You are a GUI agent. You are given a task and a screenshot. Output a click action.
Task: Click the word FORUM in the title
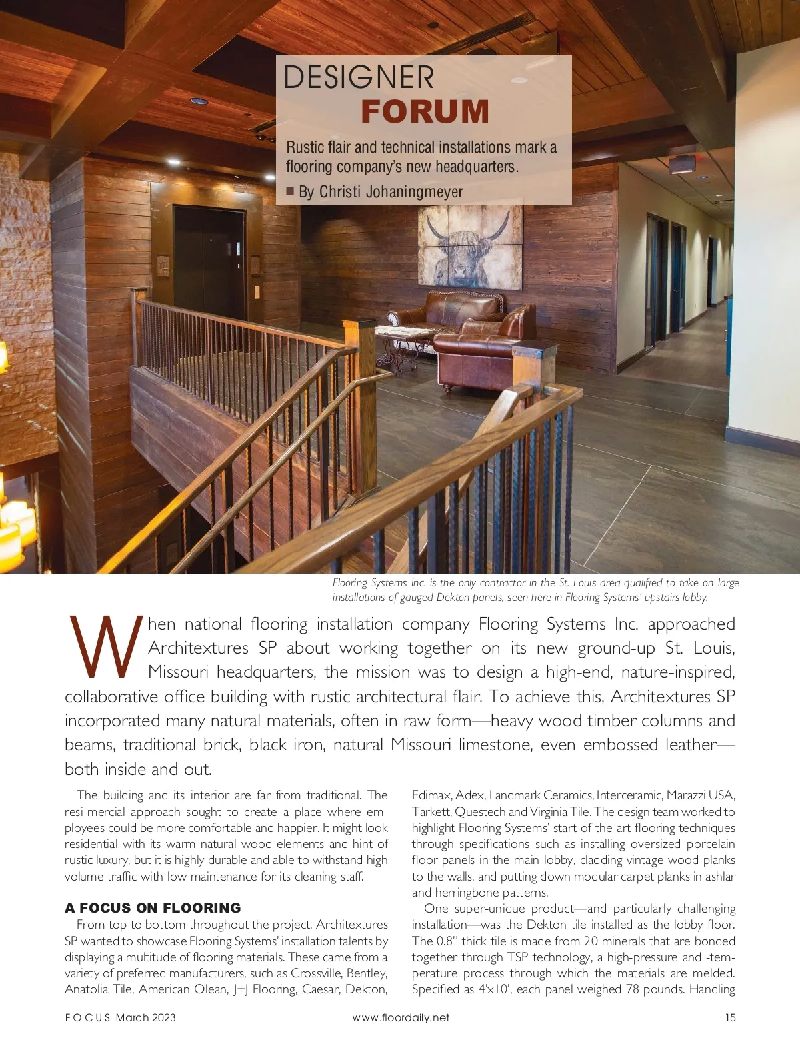click(x=425, y=111)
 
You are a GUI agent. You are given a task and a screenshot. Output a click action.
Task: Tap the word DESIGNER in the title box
click(x=359, y=77)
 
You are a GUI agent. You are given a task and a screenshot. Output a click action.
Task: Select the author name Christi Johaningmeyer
click(x=391, y=192)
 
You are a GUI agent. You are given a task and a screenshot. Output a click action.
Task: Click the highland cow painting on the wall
click(x=470, y=249)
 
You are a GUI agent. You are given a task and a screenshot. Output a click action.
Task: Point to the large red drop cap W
click(x=105, y=645)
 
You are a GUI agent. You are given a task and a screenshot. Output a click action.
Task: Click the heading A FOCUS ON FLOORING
click(x=153, y=908)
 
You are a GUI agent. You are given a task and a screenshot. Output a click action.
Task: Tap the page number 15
click(x=730, y=1017)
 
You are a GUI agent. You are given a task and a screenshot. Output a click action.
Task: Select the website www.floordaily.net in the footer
click(x=401, y=1017)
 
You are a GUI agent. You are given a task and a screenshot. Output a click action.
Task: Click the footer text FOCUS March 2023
click(x=120, y=1017)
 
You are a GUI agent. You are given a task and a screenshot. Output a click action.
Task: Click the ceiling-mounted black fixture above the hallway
click(x=681, y=163)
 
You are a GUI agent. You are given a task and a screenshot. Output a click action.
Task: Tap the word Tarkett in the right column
click(x=431, y=812)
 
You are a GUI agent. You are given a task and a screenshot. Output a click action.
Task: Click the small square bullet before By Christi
click(x=290, y=192)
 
